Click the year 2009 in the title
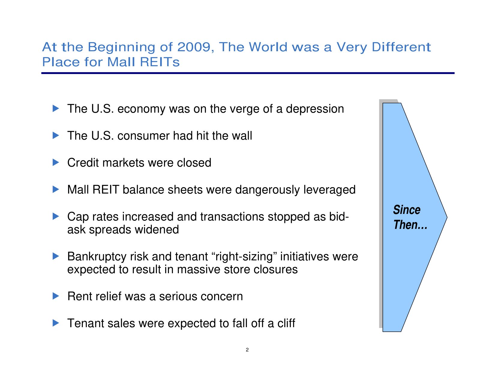[x=193, y=47]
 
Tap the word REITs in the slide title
[x=160, y=62]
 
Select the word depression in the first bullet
[x=315, y=109]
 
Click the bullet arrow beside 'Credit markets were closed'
[x=56, y=162]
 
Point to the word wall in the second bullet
[x=242, y=136]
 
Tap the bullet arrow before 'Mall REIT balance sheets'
[x=56, y=189]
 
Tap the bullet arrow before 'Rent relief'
[x=56, y=296]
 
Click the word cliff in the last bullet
[x=286, y=323]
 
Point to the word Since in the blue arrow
[x=406, y=209]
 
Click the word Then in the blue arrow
[x=405, y=225]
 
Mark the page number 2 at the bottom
[x=247, y=350]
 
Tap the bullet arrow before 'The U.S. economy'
[x=56, y=108]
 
